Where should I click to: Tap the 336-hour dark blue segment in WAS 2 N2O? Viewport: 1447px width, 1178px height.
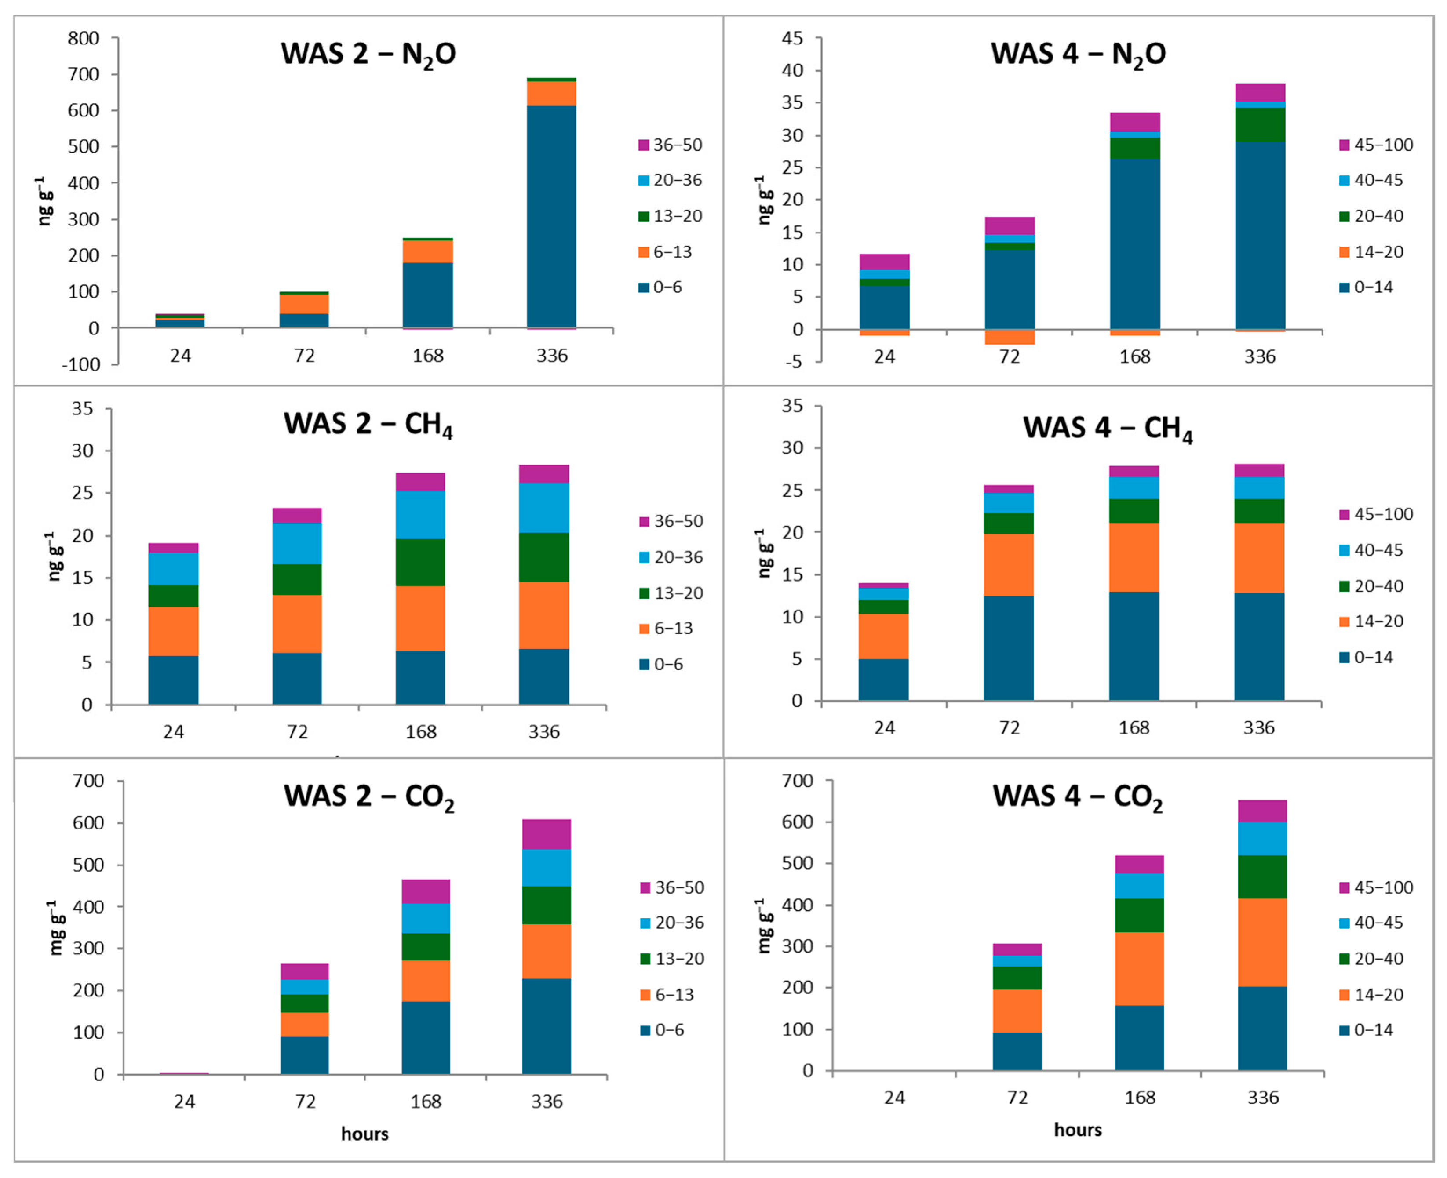tap(552, 216)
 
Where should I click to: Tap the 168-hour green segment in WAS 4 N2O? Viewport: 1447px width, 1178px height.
tap(1135, 148)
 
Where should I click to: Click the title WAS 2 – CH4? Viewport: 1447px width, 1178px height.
tap(368, 425)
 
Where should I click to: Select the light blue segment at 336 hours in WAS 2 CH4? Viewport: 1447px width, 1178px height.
tap(544, 508)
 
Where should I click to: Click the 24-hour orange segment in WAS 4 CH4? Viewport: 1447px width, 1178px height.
tap(884, 636)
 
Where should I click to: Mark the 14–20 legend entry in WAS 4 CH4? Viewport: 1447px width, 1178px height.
tap(1371, 621)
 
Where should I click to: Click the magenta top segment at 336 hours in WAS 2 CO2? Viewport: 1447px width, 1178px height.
tap(547, 834)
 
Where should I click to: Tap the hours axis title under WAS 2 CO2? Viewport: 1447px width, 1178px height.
tap(364, 1134)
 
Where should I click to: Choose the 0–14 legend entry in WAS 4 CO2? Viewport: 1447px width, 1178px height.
tap(1366, 1029)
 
